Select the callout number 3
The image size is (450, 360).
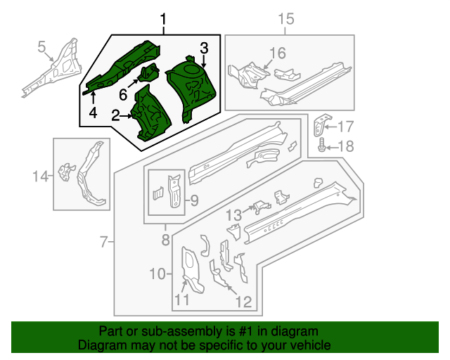[x=204, y=48]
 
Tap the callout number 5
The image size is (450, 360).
[x=41, y=47]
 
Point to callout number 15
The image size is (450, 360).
[x=285, y=19]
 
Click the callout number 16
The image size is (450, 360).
[x=278, y=53]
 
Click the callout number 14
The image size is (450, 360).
[x=41, y=176]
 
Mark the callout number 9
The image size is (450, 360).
[x=193, y=200]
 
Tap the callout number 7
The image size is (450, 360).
[x=105, y=243]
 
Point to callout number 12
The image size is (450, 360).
[x=243, y=302]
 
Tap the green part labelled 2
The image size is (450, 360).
[x=151, y=116]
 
